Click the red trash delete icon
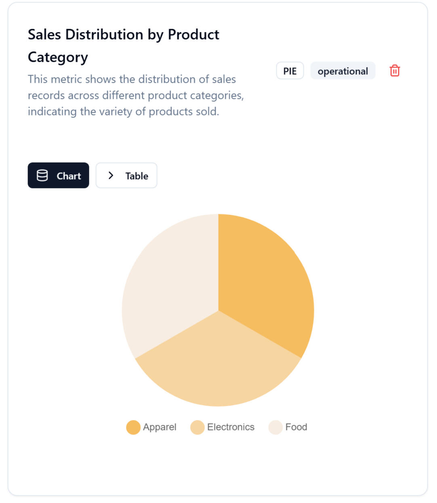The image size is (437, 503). pyautogui.click(x=395, y=71)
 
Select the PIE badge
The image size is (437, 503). pyautogui.click(x=290, y=71)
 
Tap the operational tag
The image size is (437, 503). pyautogui.click(x=342, y=71)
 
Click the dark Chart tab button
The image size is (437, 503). pyautogui.click(x=58, y=175)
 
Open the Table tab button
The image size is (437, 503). pyautogui.click(x=126, y=175)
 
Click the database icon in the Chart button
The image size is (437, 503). pyautogui.click(x=42, y=175)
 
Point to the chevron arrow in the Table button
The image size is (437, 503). pyautogui.click(x=111, y=175)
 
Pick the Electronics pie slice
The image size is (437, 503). pyautogui.click(x=218, y=363)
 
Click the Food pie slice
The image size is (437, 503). pyautogui.click(x=170, y=282)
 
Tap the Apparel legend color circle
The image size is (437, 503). pyautogui.click(x=133, y=427)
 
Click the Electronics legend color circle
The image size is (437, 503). pyautogui.click(x=197, y=427)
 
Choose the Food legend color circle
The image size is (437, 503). pyautogui.click(x=275, y=427)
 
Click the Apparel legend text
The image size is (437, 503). pyautogui.click(x=160, y=427)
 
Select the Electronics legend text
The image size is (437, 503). pyautogui.click(x=231, y=427)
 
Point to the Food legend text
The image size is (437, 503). pyautogui.click(x=296, y=427)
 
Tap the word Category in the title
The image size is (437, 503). pyautogui.click(x=58, y=57)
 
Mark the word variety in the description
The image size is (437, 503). pyautogui.click(x=115, y=111)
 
